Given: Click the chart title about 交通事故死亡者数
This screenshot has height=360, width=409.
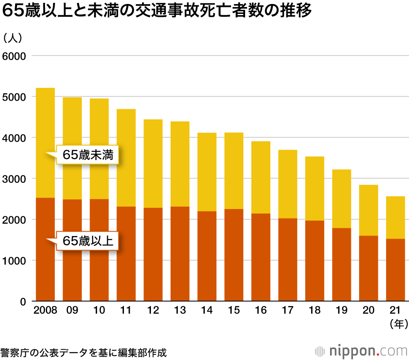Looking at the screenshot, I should pos(157,11).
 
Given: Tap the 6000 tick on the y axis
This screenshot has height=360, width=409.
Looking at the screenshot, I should pos(14,56).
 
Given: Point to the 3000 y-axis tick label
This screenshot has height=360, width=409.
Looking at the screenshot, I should pos(14,179).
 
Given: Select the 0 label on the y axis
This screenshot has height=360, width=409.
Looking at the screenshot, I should pos(23,302).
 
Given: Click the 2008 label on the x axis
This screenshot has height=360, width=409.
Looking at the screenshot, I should pos(45,311).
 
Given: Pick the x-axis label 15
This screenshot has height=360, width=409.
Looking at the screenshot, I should pos(234,311).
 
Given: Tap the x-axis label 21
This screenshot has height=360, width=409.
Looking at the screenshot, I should pos(396,311).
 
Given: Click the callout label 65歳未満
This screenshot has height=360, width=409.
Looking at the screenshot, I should pos(88,155).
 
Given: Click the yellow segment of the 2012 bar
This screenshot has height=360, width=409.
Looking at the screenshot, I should pos(153,164).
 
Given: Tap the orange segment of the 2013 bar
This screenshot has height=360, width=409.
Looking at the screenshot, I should pos(180,254).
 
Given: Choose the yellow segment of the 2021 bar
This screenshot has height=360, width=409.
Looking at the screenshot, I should pos(396,217).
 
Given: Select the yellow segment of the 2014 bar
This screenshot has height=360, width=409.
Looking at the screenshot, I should pos(207,172).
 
